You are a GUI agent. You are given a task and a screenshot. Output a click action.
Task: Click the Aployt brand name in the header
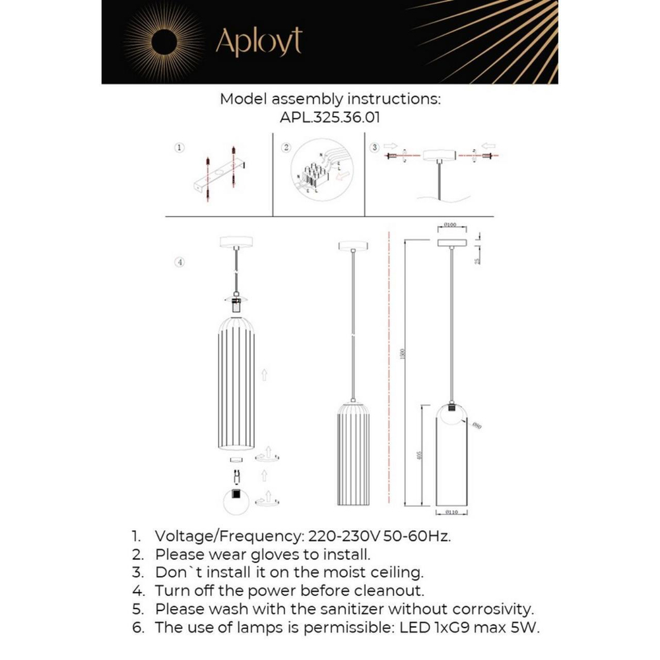pos(259,42)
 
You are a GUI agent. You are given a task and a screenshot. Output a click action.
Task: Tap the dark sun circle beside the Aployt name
pos(164,43)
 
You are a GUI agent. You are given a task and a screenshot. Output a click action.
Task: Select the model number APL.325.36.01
pos(330,118)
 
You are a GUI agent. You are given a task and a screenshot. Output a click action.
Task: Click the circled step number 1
pos(179,148)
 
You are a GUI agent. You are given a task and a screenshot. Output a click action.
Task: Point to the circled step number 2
pos(286,148)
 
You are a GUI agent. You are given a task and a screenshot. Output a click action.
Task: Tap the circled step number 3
pos(375,148)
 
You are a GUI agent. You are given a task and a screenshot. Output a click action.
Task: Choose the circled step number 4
pos(179,262)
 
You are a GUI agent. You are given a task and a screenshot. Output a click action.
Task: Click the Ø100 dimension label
pos(451,226)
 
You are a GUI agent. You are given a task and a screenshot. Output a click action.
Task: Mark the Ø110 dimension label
pos(452,512)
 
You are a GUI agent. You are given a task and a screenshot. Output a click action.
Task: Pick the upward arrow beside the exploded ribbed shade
pos(264,375)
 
